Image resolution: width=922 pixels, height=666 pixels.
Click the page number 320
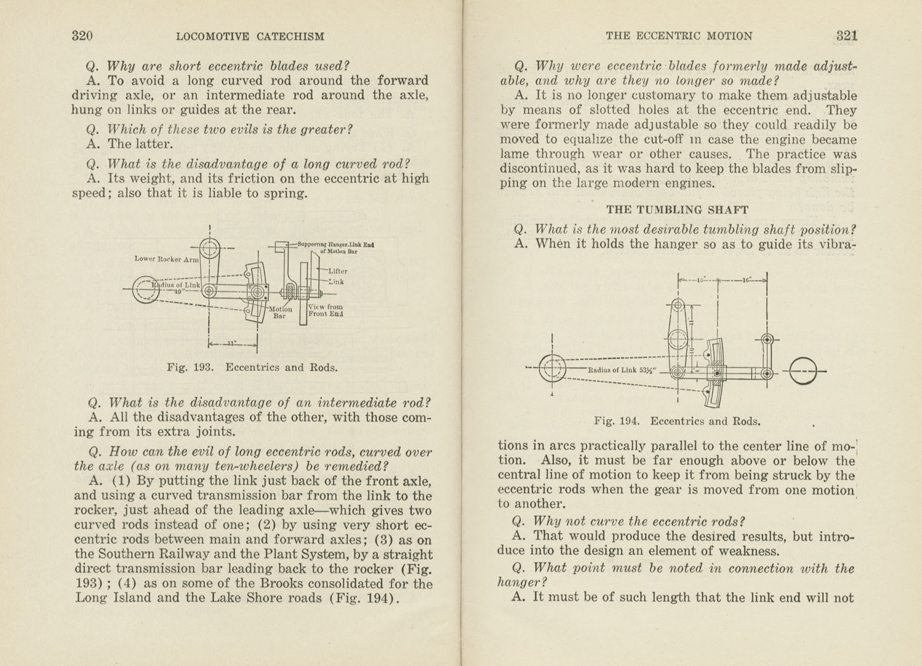[82, 36]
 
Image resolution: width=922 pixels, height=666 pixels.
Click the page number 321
[846, 36]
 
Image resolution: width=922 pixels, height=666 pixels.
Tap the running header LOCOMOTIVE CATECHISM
[250, 36]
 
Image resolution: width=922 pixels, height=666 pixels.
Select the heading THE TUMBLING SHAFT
[677, 209]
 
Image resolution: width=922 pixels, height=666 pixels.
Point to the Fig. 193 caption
[252, 368]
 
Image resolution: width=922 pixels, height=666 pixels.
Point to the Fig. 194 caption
[677, 421]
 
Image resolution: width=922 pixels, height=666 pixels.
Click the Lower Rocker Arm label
[166, 259]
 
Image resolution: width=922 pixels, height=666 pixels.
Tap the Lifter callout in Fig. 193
[338, 271]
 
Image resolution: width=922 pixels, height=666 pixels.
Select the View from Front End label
[326, 310]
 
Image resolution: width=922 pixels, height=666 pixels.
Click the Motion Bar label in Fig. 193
[280, 312]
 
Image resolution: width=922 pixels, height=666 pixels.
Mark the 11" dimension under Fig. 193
[232, 343]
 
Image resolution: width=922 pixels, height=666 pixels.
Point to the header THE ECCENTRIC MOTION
[679, 36]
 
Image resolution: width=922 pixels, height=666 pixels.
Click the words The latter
[141, 144]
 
